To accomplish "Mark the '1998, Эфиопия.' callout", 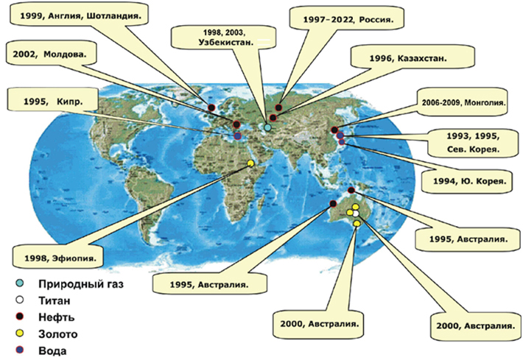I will tap(59, 258).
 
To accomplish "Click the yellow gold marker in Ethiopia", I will tap(251, 163).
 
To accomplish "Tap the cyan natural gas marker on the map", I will tap(267, 127).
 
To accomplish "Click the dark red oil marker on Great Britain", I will tap(211, 108).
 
